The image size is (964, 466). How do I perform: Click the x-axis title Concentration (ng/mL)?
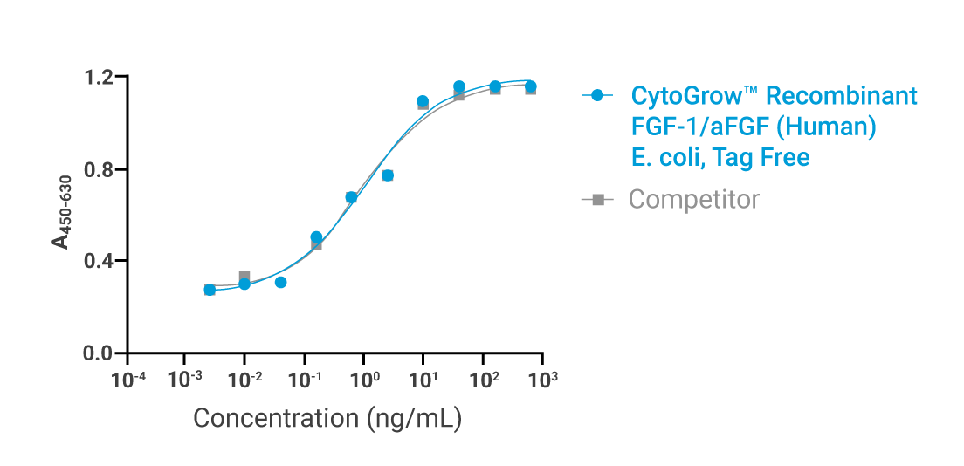(x=327, y=418)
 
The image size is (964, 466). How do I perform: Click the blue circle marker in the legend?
(x=597, y=95)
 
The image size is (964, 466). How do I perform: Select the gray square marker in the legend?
(x=597, y=200)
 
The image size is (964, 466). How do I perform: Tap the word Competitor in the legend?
(x=694, y=200)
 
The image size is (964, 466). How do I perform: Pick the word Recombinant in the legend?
(x=843, y=95)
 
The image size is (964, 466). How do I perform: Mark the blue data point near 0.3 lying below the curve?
(x=280, y=282)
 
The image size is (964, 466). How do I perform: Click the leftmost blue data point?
(x=210, y=290)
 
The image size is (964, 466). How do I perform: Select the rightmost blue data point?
(x=530, y=86)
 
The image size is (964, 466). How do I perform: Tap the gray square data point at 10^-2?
(x=244, y=277)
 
